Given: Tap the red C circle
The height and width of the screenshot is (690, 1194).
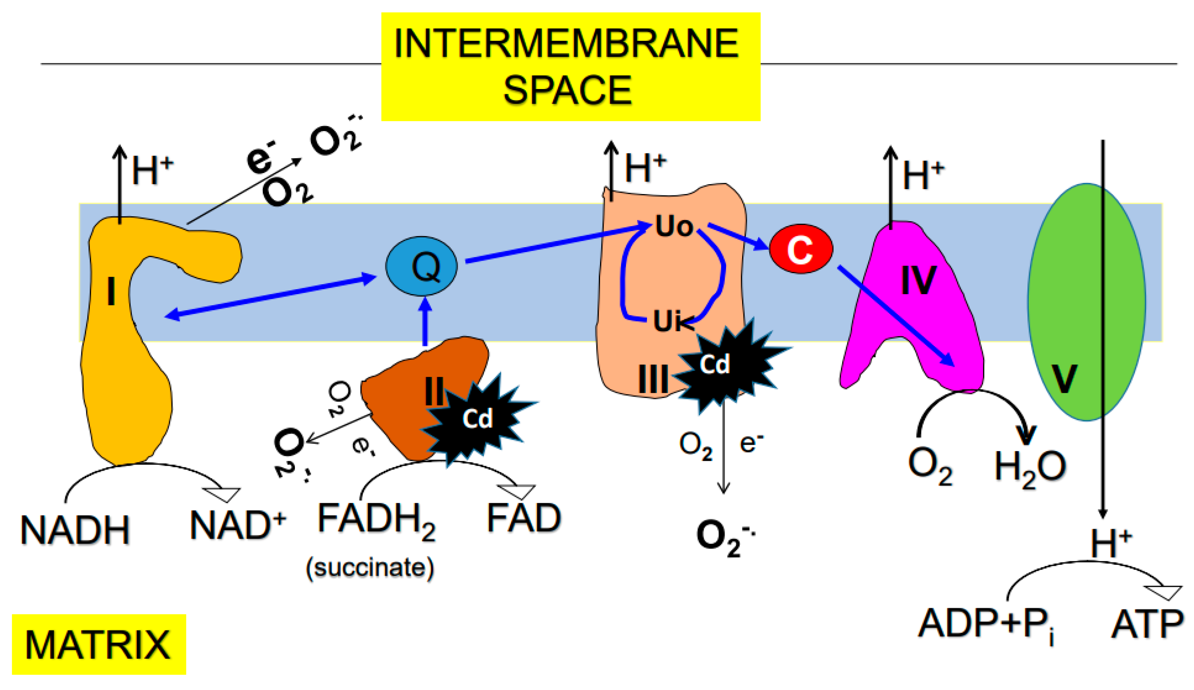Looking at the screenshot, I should (801, 248).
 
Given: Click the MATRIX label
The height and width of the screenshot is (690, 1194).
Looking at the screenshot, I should (98, 645).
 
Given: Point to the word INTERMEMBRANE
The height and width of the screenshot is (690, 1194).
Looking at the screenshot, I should (566, 44).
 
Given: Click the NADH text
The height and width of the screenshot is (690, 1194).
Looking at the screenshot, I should (75, 530).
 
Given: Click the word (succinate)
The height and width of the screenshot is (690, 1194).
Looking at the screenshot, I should (370, 567).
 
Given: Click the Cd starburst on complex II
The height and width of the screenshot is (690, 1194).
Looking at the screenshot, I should (477, 418).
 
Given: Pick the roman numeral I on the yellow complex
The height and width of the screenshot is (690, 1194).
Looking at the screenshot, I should (111, 292).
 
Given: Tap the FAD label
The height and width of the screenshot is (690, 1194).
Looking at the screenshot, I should (524, 518).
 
